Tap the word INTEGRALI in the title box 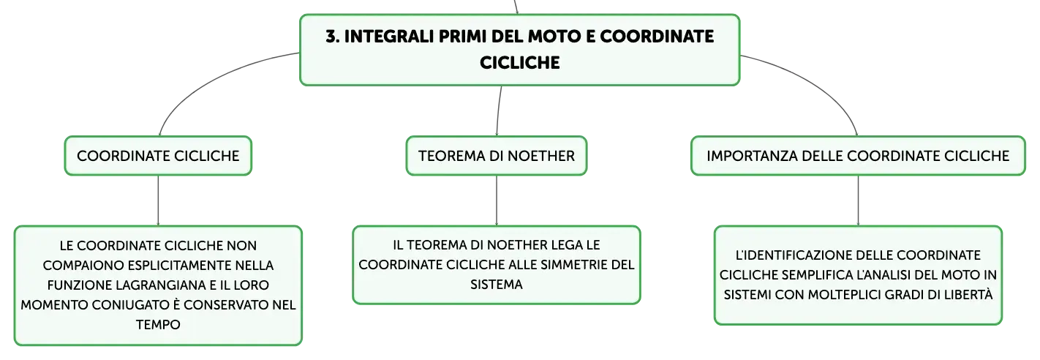(x=389, y=37)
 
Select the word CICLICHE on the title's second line (x=519, y=63)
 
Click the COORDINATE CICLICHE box (x=158, y=156)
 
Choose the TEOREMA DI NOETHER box (x=497, y=156)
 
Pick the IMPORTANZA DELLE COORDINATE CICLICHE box (x=858, y=156)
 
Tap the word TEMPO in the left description (x=158, y=325)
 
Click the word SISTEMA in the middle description (x=497, y=285)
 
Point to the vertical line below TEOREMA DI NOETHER (x=497, y=200)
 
